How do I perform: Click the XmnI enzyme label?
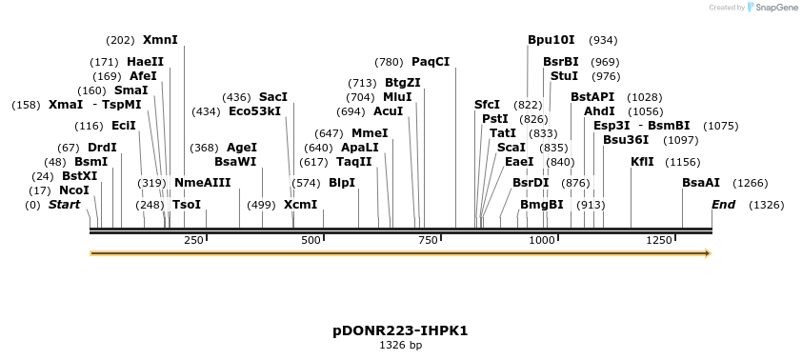tap(160, 40)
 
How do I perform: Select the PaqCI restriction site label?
tap(431, 62)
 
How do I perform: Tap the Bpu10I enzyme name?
tap(551, 40)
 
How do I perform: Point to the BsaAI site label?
tap(701, 182)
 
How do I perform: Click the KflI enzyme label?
tap(642, 161)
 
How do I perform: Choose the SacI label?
tap(273, 97)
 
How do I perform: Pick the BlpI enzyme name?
tap(342, 182)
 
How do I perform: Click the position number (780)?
tap(389, 62)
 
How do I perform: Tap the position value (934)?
tap(604, 40)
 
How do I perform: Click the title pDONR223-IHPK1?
tap(400, 331)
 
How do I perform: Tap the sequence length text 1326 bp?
tap(400, 346)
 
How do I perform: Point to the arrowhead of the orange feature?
tap(707, 253)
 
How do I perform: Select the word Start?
tap(64, 204)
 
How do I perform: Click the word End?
tap(724, 204)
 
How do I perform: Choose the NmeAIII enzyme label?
tap(202, 182)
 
